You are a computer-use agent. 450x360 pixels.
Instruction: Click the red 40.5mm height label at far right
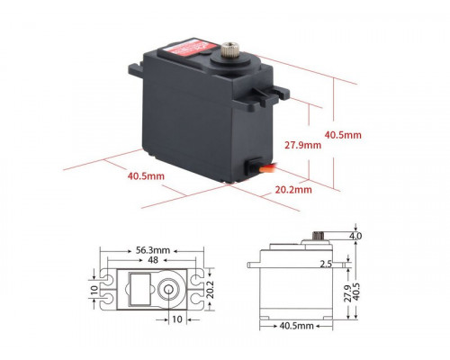point(342,135)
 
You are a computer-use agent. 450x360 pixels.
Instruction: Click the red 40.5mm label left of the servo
point(145,176)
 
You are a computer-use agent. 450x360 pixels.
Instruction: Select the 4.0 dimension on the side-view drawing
point(355,237)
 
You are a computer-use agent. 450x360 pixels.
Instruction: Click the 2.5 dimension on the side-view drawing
point(325,265)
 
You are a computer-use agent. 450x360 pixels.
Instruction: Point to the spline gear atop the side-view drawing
point(318,237)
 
